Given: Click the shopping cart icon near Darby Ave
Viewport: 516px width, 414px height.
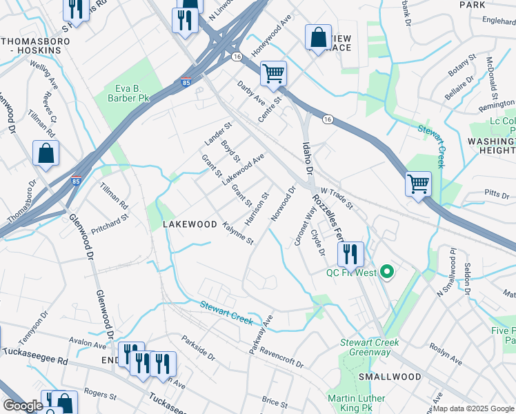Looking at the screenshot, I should click(x=274, y=72).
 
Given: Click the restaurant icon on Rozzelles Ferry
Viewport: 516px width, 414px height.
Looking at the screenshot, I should click(x=350, y=254).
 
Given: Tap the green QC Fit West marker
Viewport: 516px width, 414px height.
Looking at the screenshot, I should click(x=386, y=273).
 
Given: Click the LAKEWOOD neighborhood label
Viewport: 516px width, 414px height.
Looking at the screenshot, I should click(x=190, y=225).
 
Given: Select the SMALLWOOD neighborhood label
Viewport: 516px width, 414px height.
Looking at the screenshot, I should click(x=389, y=377).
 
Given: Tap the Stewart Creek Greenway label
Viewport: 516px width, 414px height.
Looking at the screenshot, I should click(x=366, y=347).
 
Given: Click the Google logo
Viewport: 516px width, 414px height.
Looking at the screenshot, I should click(x=23, y=406).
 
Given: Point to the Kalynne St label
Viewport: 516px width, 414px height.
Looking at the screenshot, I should click(x=239, y=234).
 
